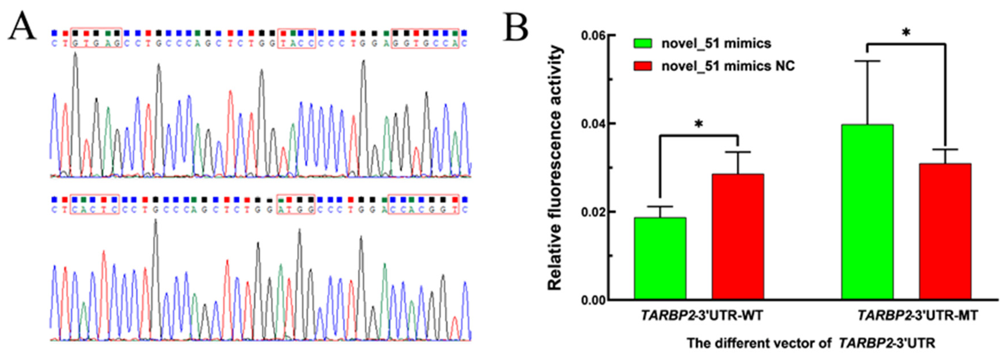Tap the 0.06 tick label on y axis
click(593, 35)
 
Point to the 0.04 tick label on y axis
click(593, 124)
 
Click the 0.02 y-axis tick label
click(593, 212)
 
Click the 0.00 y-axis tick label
click(593, 300)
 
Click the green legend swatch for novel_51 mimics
click(643, 43)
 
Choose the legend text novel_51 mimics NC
click(728, 66)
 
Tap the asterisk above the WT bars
click(698, 125)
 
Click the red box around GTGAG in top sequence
click(96, 38)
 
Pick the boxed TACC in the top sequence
click(296, 38)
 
